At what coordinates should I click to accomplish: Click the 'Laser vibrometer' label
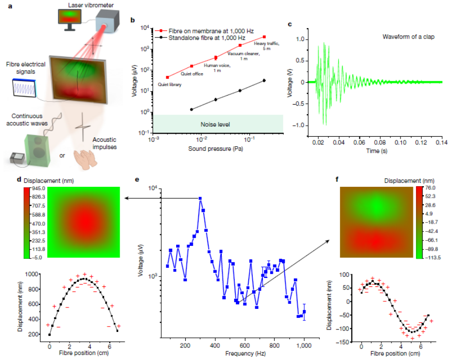point(84,5)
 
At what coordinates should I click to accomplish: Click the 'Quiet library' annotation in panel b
point(169,85)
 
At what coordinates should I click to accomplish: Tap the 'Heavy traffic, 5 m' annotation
point(266,46)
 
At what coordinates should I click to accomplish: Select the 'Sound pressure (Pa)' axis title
point(212,149)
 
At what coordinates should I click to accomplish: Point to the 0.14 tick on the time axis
point(442,143)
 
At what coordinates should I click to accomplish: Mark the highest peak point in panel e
point(200,199)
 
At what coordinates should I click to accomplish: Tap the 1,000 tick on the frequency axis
point(304,345)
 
